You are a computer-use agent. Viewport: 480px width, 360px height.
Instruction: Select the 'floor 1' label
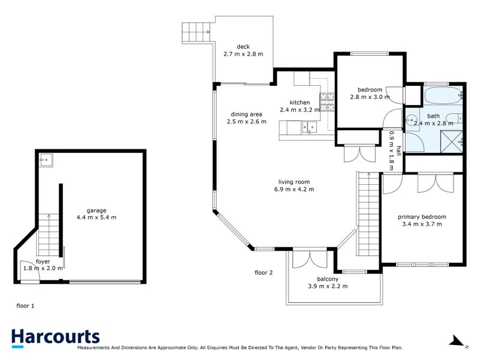pyautogui.click(x=25, y=305)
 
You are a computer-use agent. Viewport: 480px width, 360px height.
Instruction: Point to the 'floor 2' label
pyautogui.click(x=263, y=272)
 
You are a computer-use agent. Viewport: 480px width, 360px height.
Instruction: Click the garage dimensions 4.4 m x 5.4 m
pyautogui.click(x=97, y=217)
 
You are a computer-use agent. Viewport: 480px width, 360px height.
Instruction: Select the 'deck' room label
pyautogui.click(x=242, y=47)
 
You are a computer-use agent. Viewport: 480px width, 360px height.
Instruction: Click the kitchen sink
pyautogui.click(x=309, y=126)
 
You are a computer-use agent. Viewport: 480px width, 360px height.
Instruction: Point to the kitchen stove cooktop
pyautogui.click(x=327, y=103)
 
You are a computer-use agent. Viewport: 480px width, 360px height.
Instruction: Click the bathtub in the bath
pyautogui.click(x=442, y=95)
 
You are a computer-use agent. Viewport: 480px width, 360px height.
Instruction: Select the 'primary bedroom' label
pyautogui.click(x=422, y=217)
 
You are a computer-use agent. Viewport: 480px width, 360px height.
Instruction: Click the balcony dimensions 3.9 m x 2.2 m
pyautogui.click(x=328, y=286)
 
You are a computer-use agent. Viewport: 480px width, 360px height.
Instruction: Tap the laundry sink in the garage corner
pyautogui.click(x=46, y=159)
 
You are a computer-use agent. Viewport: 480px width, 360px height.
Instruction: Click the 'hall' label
pyautogui.click(x=398, y=150)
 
